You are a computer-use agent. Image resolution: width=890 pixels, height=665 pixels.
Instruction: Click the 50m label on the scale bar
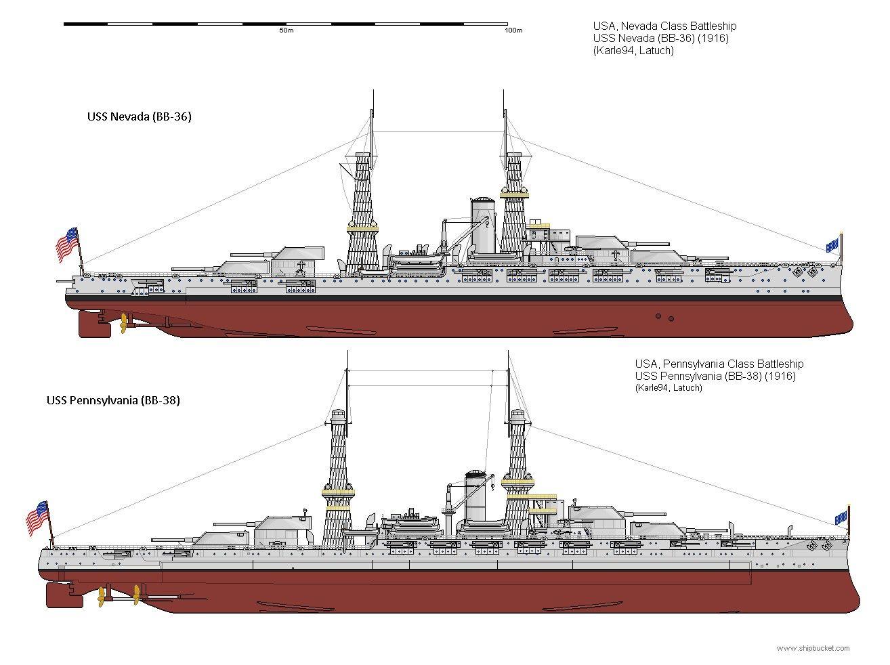coord(286,31)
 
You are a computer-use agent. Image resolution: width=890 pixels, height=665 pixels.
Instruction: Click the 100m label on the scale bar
coord(513,31)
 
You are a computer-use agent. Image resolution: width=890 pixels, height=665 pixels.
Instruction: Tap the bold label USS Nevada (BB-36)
coord(139,116)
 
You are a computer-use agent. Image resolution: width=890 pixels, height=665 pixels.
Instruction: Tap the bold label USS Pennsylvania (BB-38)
coord(113,400)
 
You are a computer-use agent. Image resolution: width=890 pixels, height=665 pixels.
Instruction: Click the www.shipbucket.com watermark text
coord(813,649)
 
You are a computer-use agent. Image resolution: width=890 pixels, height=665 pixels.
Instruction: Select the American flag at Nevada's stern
coord(66,244)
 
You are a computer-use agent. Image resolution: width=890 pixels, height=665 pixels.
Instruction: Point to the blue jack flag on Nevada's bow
coord(832,245)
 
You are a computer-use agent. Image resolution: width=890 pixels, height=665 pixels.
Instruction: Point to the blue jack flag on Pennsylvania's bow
coord(841,518)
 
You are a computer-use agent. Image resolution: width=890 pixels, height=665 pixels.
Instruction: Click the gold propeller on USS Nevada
coord(124,324)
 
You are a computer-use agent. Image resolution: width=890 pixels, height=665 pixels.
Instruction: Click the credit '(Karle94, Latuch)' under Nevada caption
coord(633,51)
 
